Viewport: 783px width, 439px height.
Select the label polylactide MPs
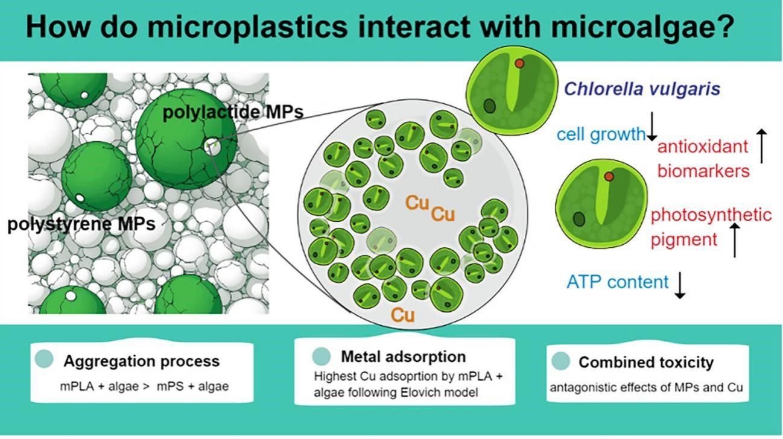point(232,113)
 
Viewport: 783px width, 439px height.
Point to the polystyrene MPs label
point(81,224)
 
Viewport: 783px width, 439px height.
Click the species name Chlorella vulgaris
point(642,89)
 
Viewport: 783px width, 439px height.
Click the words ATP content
point(618,282)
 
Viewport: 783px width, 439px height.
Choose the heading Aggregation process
point(142,361)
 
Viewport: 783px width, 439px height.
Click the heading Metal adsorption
point(404,356)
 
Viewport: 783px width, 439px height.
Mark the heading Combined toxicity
point(646,362)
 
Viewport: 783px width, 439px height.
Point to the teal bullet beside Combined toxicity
point(560,361)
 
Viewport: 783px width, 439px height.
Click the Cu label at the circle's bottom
point(402,315)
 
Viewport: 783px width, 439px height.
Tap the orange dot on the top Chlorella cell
point(519,63)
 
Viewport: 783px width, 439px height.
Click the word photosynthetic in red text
point(711,215)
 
